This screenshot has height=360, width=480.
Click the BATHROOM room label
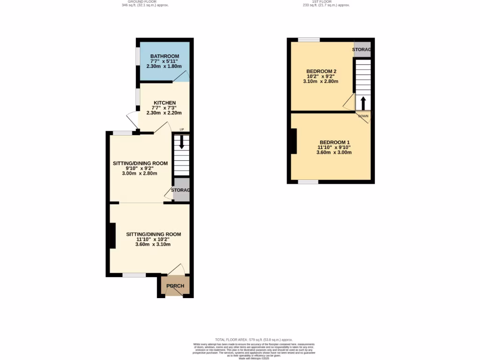161,56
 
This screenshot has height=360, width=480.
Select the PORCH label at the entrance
175,286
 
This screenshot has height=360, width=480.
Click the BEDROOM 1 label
335,142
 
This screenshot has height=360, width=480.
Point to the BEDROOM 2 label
321,71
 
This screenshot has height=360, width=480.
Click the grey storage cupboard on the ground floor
181,190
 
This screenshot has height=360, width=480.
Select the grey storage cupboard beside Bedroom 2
362,50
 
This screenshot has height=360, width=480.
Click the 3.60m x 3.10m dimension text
153,244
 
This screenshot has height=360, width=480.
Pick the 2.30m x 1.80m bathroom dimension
164,66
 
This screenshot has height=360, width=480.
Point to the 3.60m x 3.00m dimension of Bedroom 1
334,152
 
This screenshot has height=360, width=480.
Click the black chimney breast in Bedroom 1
293,141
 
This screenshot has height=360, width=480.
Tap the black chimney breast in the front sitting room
112,235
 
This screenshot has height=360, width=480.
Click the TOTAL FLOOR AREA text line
254,339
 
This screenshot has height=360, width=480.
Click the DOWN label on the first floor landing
363,116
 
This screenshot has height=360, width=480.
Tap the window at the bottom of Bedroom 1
308,181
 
